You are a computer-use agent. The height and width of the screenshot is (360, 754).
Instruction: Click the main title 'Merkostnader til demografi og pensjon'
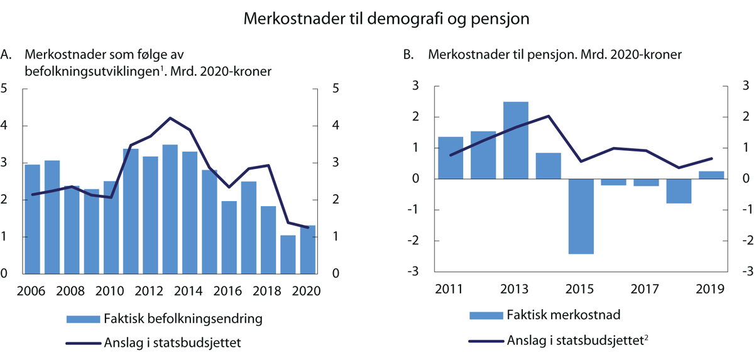[x=377, y=19]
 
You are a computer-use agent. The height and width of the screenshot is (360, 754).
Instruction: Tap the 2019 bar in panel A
[x=288, y=254]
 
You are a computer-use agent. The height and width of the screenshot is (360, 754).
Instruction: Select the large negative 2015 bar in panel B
[x=581, y=216]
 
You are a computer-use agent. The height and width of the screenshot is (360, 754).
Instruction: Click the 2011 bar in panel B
[x=450, y=158]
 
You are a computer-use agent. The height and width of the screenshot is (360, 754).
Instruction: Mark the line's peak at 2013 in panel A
[x=170, y=117]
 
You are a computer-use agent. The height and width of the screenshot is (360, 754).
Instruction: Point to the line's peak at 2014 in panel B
[x=549, y=116]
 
